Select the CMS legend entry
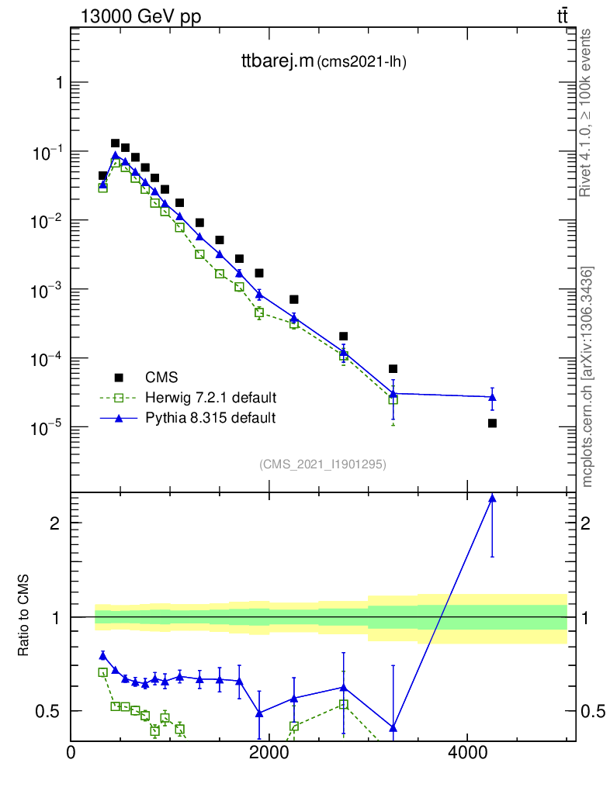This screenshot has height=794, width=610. [161, 378]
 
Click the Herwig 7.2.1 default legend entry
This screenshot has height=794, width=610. [210, 398]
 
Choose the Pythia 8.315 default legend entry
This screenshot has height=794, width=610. [210, 418]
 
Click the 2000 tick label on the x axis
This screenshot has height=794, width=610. [269, 753]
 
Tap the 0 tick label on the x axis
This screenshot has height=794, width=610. [71, 753]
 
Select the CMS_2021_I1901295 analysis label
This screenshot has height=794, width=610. [322, 464]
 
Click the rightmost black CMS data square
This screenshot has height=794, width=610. [492, 423]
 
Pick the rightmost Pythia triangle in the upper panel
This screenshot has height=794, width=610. [492, 397]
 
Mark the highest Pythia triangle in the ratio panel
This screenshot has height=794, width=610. [492, 499]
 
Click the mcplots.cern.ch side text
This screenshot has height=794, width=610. [587, 377]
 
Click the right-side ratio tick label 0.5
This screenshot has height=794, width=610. [589, 711]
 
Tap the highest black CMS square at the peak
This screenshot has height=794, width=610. [115, 143]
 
